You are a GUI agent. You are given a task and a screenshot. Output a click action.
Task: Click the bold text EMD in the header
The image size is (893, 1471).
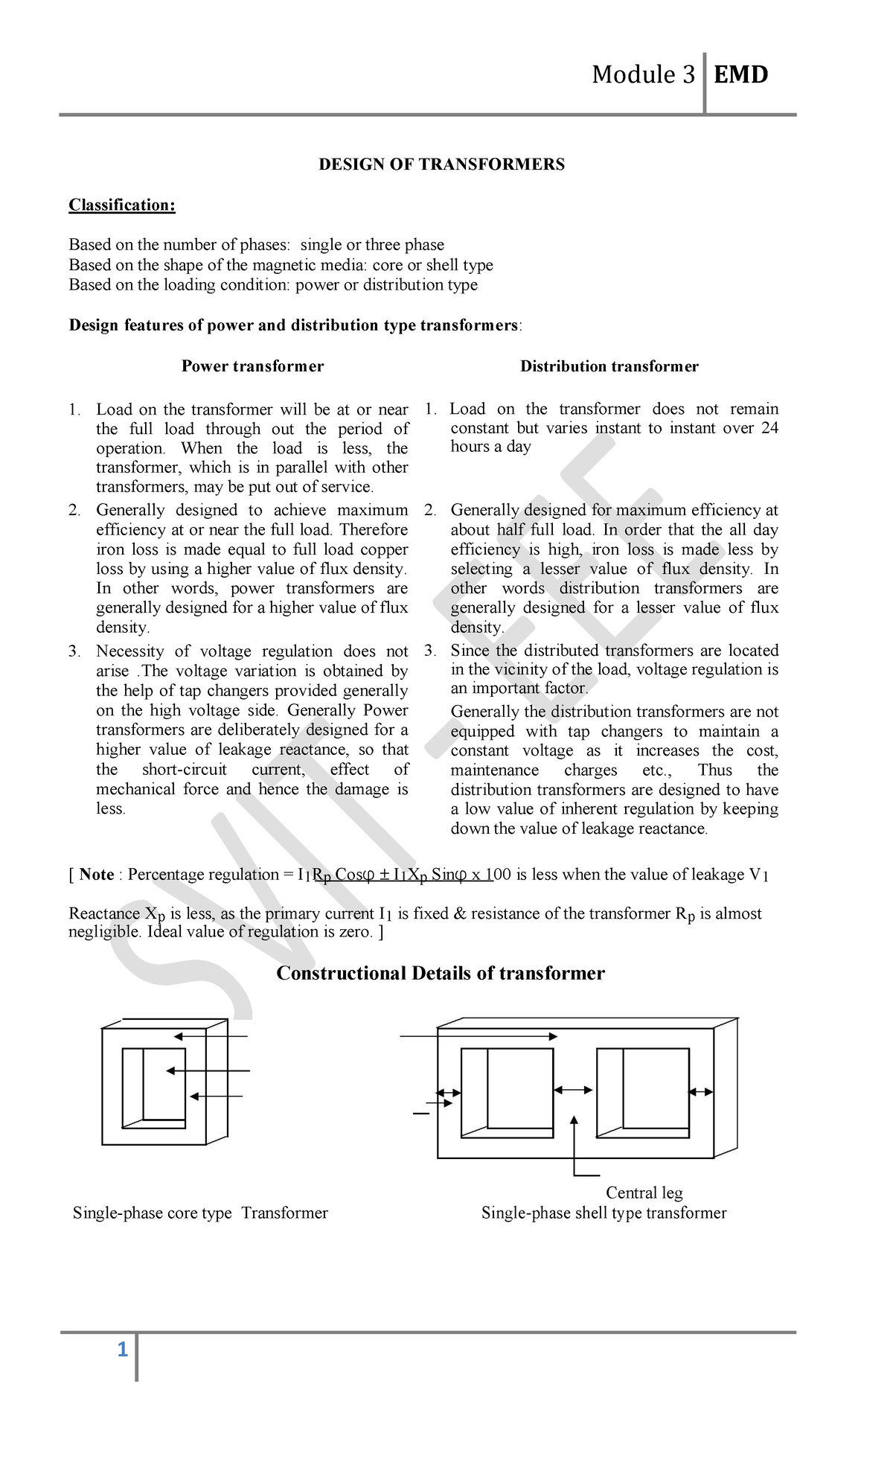(x=740, y=74)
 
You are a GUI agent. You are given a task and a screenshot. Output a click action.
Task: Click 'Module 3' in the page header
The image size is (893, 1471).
(x=643, y=74)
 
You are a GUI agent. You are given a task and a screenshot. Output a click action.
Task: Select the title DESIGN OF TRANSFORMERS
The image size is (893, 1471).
(x=441, y=165)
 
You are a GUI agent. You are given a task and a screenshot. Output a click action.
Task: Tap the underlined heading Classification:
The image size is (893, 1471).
(x=122, y=205)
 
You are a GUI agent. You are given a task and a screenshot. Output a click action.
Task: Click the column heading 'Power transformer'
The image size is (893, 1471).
(x=252, y=366)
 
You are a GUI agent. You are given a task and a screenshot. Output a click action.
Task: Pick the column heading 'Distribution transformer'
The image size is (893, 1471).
(x=609, y=366)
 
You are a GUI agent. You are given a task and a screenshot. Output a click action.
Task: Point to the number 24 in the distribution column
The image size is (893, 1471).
(x=769, y=428)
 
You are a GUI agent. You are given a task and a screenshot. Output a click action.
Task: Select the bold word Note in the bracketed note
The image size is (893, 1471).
(x=97, y=875)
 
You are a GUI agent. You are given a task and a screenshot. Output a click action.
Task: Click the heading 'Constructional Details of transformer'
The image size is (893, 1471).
(x=440, y=974)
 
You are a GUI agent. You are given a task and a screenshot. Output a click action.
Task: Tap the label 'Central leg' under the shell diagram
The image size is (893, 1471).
(x=644, y=1193)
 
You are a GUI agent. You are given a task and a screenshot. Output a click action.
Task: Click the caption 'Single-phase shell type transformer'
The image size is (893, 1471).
(x=604, y=1213)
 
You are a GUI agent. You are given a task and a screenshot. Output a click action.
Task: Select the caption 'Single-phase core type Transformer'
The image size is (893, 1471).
(x=200, y=1213)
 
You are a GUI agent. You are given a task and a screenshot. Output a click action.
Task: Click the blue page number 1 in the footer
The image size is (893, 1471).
(x=123, y=1350)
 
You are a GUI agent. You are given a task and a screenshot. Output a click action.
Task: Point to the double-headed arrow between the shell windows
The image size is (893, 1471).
(x=574, y=1090)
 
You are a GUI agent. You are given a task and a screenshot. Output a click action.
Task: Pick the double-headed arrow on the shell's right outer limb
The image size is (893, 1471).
(x=700, y=1092)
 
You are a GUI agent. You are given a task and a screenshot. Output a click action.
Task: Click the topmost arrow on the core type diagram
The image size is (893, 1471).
(x=211, y=1036)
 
